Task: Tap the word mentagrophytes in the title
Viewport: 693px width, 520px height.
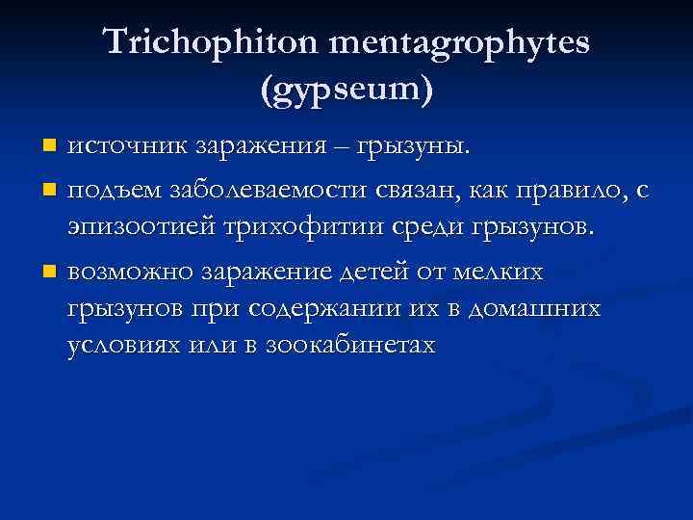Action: coord(459,44)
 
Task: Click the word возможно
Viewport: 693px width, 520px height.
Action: coord(130,273)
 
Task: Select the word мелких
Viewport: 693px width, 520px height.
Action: coord(501,273)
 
